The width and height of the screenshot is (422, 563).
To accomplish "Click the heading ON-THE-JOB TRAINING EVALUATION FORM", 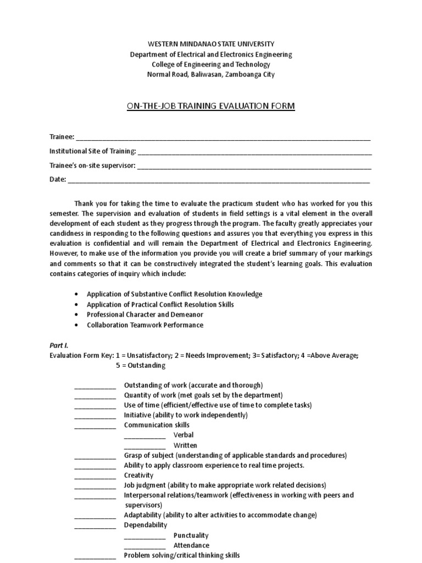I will click(211, 106).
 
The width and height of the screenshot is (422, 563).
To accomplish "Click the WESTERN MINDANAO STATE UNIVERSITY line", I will click(211, 44).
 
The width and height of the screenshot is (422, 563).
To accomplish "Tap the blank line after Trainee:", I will click(223, 137).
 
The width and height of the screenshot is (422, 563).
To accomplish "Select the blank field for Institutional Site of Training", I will click(255, 152).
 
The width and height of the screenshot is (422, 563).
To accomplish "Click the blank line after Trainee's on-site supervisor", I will click(254, 166).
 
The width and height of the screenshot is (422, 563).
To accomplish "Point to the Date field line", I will click(219, 180).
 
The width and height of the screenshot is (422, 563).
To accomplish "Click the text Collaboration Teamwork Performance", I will click(145, 325).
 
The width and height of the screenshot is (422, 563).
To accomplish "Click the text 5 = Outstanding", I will click(140, 366).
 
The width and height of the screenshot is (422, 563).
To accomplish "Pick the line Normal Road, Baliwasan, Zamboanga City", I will click(211, 74).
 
